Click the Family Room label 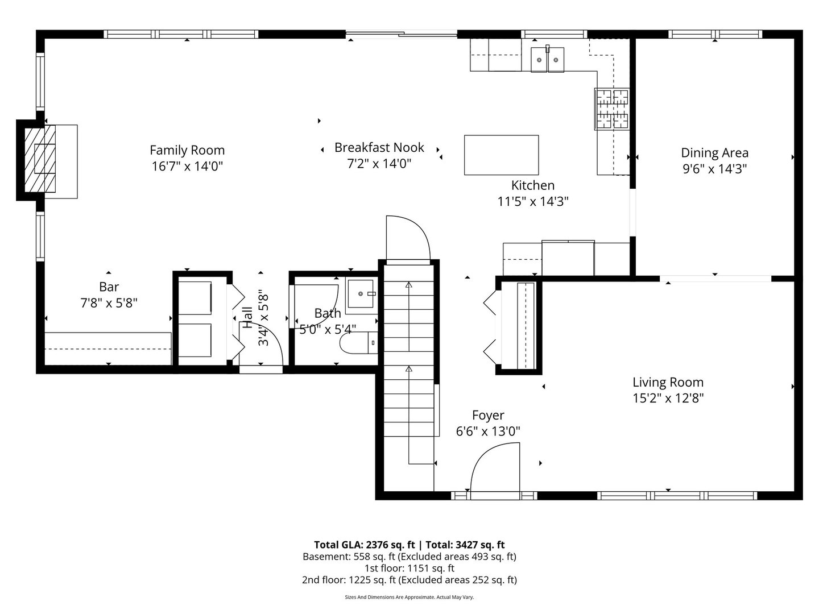point(187,150)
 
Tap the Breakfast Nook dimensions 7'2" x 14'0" point(379,163)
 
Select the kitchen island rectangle point(501,155)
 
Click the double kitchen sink point(547,59)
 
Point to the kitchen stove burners point(613,109)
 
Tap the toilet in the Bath point(358,342)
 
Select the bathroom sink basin point(361,294)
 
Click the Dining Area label point(714,153)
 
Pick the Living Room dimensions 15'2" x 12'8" point(668,398)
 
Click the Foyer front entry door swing point(495,467)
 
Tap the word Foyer point(488,415)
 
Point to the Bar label point(109,287)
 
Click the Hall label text point(248,318)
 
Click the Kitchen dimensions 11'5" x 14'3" point(533,202)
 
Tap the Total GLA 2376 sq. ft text point(365,545)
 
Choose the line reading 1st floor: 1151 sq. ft point(409,568)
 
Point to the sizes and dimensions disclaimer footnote point(409,597)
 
